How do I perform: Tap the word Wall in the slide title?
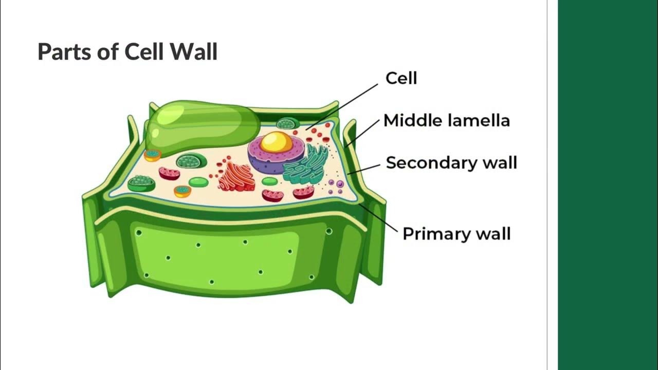point(195,52)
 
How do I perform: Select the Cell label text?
point(401,79)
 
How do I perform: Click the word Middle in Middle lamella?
point(413,121)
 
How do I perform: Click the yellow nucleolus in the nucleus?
point(276,142)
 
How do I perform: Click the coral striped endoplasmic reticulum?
point(236,177)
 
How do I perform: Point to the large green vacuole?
point(200,126)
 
